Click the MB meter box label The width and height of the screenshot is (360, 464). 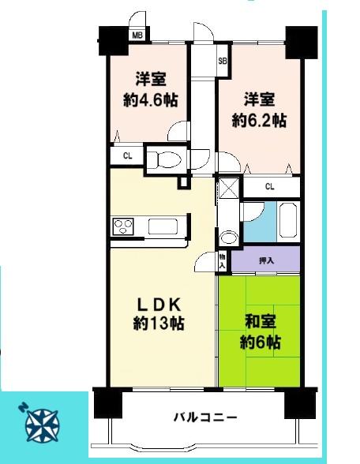[x=137, y=36]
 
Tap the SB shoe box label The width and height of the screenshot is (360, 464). [x=223, y=62]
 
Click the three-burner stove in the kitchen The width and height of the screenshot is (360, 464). [x=123, y=227]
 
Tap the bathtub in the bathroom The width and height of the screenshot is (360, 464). [x=288, y=220]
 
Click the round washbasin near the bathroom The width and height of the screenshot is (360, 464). [x=230, y=238]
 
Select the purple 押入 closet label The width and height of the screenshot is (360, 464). [x=266, y=260]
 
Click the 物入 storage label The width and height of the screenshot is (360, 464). [x=222, y=261]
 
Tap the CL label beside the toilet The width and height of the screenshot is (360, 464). [x=128, y=156]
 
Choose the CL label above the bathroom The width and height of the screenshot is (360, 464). [x=270, y=187]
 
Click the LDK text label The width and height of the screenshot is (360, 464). [x=159, y=305]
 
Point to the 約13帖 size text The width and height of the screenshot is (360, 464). [x=159, y=324]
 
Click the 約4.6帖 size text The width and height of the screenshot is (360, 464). [x=150, y=101]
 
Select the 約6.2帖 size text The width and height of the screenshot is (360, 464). [x=259, y=121]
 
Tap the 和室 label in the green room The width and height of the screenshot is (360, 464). [x=261, y=322]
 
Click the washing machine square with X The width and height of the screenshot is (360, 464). [x=229, y=188]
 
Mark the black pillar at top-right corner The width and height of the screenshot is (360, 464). [x=302, y=43]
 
